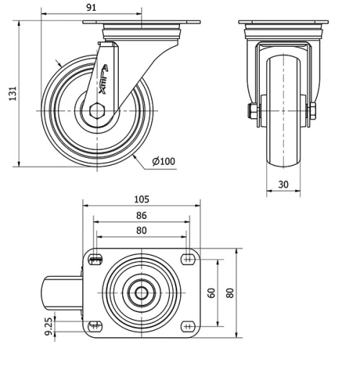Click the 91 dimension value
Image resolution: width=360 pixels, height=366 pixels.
click(91, 9)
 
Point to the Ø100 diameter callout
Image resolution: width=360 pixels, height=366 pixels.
click(163, 161)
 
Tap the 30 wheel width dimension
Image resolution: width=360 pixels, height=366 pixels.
click(284, 184)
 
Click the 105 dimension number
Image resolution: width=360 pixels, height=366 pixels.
click(141, 199)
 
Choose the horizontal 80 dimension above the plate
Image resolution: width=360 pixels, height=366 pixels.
click(141, 231)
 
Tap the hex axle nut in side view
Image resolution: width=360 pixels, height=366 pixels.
click(99, 112)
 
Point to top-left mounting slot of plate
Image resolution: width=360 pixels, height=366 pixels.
click(95, 259)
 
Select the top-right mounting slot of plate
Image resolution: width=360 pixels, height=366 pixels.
click(188, 259)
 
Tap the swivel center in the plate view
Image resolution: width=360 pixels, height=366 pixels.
click(141, 292)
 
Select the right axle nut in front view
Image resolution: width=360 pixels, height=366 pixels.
click(313, 112)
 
